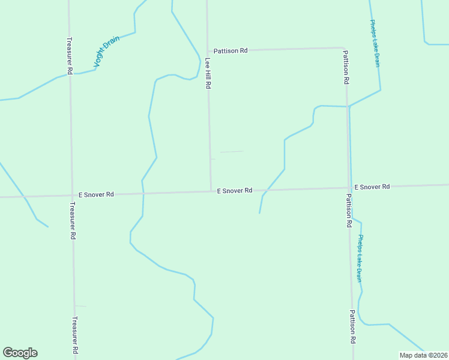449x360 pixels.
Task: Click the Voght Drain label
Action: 107,52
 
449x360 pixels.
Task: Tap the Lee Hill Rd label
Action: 208,73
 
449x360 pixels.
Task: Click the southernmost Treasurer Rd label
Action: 75,335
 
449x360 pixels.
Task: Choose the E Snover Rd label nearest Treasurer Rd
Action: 96,194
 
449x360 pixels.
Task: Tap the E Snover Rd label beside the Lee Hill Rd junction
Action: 235,191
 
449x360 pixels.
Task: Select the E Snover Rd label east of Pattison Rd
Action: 372,187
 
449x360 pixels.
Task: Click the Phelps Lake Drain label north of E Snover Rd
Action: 375,43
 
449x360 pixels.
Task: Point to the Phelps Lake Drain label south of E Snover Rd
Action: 359,258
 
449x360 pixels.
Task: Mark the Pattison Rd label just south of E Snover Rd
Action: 349,210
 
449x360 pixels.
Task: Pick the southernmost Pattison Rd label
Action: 353,327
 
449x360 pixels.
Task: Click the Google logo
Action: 20,353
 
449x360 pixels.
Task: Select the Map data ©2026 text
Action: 423,355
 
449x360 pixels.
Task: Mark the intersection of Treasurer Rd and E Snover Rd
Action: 71,195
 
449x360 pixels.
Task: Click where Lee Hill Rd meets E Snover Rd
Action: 211,191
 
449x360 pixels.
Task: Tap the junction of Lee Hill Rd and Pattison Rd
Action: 207,51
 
